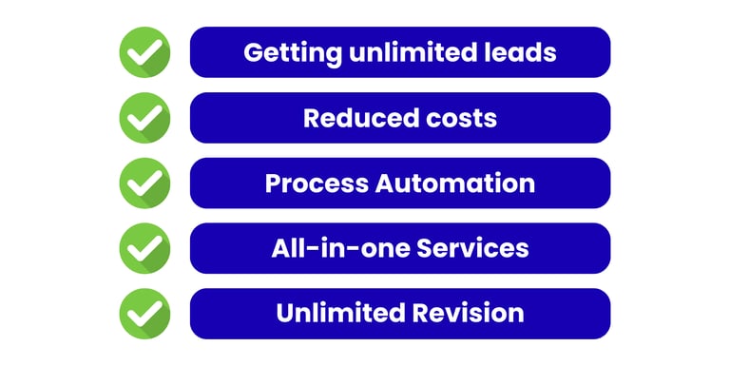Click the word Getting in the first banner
click(x=293, y=53)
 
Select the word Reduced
click(x=354, y=117)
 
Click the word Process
click(x=317, y=183)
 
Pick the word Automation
click(x=455, y=183)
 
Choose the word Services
click(x=472, y=248)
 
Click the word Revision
click(x=469, y=313)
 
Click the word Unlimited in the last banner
click(x=340, y=313)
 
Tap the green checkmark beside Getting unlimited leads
click(x=144, y=52)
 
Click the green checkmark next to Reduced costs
click(x=144, y=118)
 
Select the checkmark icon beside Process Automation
click(x=144, y=183)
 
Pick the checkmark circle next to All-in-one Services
click(x=144, y=248)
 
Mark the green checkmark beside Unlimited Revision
click(x=144, y=314)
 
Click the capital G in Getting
click(x=253, y=52)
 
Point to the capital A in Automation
click(x=386, y=183)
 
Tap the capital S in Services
click(x=425, y=248)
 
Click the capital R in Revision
click(x=421, y=313)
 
